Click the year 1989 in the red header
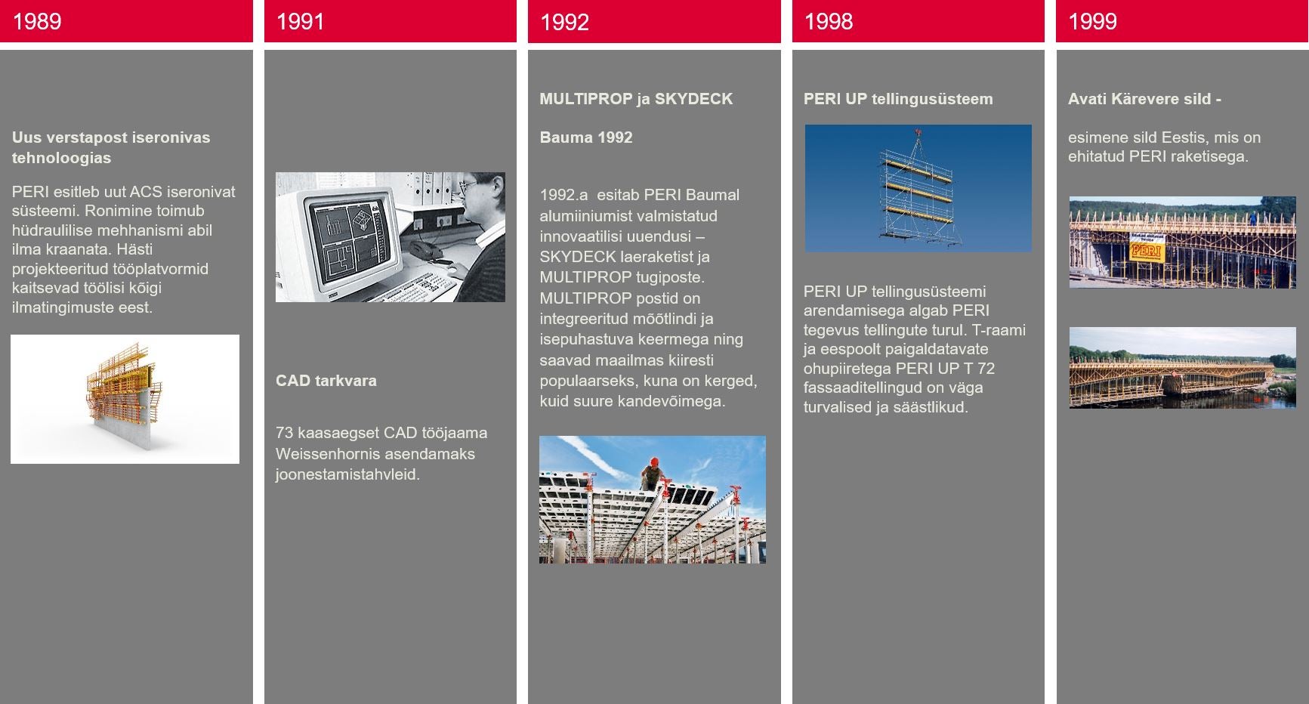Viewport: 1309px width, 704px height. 37,21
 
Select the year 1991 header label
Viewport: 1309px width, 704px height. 301,21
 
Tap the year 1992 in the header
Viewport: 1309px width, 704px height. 564,22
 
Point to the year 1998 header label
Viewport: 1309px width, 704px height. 829,21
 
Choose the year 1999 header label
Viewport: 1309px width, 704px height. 1092,21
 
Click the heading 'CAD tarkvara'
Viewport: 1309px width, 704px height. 326,381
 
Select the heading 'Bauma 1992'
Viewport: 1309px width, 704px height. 586,137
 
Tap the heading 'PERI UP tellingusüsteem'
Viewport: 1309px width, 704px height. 898,99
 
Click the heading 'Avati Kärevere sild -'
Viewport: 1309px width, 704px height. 1144,99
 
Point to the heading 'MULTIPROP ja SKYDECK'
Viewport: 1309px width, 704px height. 636,99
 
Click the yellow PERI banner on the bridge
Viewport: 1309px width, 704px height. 1146,247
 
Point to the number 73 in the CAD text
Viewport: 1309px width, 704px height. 284,433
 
